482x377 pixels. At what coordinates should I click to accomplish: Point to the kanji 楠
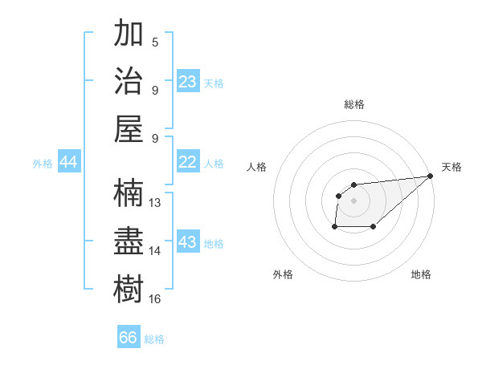tap(129, 193)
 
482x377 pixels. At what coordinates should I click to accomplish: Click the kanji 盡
tap(129, 241)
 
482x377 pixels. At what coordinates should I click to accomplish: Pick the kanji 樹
tap(129, 288)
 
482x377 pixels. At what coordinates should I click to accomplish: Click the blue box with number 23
tap(188, 82)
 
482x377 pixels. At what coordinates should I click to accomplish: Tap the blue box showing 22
tap(188, 162)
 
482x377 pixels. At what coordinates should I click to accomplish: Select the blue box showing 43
tap(188, 242)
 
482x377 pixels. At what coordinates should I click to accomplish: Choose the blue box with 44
tap(69, 162)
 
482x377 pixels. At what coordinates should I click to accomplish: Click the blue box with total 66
tap(129, 338)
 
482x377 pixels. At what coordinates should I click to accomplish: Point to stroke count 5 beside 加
tap(155, 42)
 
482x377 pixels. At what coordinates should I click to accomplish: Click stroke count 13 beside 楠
tap(156, 202)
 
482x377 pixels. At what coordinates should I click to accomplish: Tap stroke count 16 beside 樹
tap(156, 298)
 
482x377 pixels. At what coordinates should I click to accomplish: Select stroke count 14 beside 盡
tap(156, 250)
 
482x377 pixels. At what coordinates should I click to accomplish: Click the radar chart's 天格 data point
tap(431, 176)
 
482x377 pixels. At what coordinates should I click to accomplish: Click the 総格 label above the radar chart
tap(353, 104)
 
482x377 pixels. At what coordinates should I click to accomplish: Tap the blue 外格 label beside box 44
tap(43, 163)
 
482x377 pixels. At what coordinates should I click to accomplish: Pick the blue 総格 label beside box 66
tap(154, 339)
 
